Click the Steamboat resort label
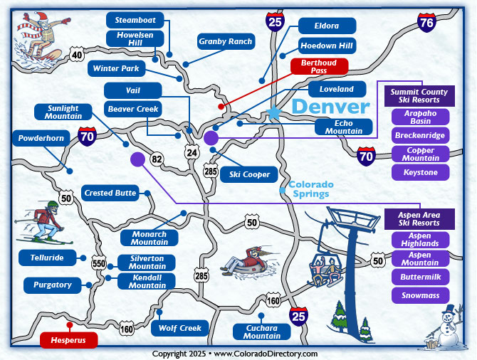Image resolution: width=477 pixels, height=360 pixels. (x=135, y=20)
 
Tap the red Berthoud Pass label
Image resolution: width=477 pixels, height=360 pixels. (x=319, y=67)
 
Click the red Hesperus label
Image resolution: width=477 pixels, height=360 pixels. (x=68, y=340)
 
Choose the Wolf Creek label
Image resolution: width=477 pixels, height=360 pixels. (x=180, y=328)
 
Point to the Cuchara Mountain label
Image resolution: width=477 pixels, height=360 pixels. (x=263, y=332)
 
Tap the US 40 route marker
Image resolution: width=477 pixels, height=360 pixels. (x=77, y=54)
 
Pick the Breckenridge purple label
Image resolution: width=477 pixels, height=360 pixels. (x=421, y=135)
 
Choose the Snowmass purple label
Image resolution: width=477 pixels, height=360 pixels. (x=420, y=295)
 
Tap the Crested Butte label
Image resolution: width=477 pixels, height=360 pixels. (x=110, y=193)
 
